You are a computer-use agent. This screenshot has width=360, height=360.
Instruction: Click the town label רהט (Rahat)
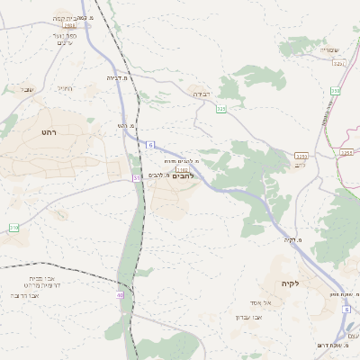[x=49, y=131]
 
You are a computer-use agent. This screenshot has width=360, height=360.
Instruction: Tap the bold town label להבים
[x=181, y=175]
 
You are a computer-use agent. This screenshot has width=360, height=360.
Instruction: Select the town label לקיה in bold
[x=289, y=283]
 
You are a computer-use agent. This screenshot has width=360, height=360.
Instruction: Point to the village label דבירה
[x=200, y=93]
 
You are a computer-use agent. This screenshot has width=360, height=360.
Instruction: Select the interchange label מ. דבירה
[x=117, y=77]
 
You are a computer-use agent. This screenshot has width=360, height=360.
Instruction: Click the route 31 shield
[x=137, y=178]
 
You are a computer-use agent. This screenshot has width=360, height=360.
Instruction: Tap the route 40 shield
[x=120, y=294]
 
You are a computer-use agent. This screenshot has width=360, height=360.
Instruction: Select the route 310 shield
[x=13, y=229]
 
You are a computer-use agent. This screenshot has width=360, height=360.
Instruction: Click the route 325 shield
[x=221, y=109]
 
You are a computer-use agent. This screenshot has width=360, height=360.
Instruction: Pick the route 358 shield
[x=335, y=91]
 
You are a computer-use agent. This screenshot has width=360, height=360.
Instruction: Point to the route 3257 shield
[x=338, y=63]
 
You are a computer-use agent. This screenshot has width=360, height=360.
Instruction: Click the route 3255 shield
[x=301, y=156]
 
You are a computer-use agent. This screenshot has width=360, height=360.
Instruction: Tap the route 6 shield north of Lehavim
[x=150, y=145]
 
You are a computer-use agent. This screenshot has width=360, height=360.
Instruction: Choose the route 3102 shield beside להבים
[x=183, y=168]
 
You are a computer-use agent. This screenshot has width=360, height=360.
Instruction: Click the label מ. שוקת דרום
[x=332, y=345]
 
